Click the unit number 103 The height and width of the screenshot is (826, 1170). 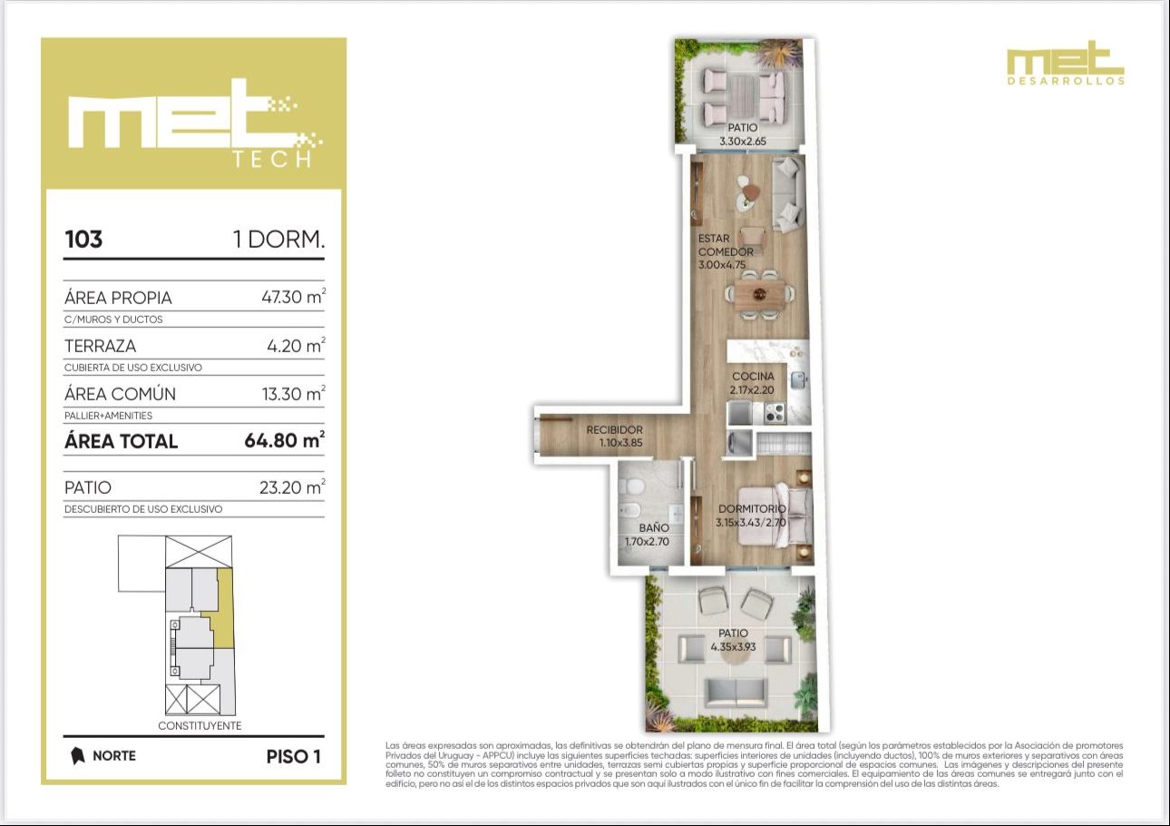click(x=83, y=240)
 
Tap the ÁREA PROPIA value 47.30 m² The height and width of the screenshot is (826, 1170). click(x=294, y=297)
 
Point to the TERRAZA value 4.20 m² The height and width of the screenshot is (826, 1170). click(x=297, y=345)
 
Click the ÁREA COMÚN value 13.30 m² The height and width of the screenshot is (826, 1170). click(x=294, y=393)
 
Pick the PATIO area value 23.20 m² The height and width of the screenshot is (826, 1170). click(x=292, y=487)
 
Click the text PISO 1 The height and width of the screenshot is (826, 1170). click(x=294, y=756)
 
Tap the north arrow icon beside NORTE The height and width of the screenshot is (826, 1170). click(x=77, y=755)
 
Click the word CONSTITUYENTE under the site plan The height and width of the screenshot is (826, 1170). click(x=200, y=725)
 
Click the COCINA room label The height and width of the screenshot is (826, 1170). click(x=753, y=377)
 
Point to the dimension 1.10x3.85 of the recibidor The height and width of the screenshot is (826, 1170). click(x=620, y=443)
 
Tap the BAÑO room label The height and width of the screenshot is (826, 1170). click(x=653, y=528)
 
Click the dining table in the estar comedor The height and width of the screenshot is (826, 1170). click(x=759, y=295)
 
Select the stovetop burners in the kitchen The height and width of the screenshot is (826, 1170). click(x=775, y=413)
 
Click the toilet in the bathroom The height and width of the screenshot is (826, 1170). click(x=631, y=487)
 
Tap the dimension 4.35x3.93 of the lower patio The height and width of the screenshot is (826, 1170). click(x=733, y=646)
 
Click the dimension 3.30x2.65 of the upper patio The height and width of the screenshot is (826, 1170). click(x=742, y=142)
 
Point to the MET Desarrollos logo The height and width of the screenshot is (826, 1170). click(x=1066, y=63)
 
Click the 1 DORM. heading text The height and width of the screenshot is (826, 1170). click(x=279, y=240)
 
